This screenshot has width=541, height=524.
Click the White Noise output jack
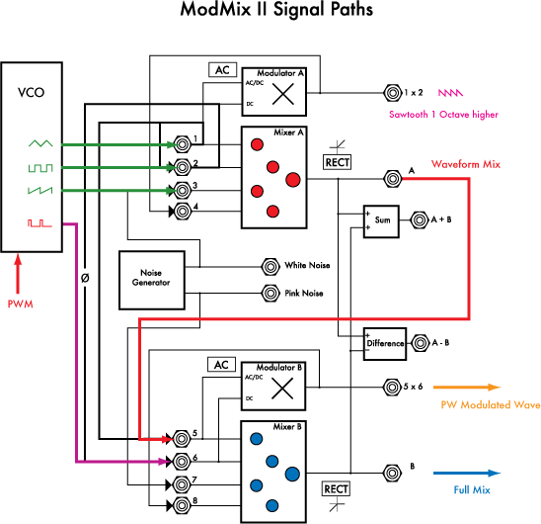pos(270,267)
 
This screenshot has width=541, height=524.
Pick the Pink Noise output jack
pos(270,293)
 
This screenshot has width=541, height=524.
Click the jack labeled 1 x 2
pos(392,93)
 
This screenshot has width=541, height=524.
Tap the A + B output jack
pos(420,219)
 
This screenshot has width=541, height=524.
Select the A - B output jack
pos(420,343)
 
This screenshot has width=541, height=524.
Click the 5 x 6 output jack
pos(392,387)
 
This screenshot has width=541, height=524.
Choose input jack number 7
pos(181,484)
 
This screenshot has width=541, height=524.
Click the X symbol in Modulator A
pos(283,94)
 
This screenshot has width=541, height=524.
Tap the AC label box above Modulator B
pos(221,365)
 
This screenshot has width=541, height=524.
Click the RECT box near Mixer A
pos(337,162)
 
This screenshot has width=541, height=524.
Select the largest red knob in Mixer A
pos(293,180)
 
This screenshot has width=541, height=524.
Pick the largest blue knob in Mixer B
pos(292,475)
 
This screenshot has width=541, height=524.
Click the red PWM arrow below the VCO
pos(18,274)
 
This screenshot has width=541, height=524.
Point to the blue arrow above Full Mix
pos(467,473)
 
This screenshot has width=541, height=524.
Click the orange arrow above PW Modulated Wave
pos(467,388)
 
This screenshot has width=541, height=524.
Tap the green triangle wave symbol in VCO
pos(40,143)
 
